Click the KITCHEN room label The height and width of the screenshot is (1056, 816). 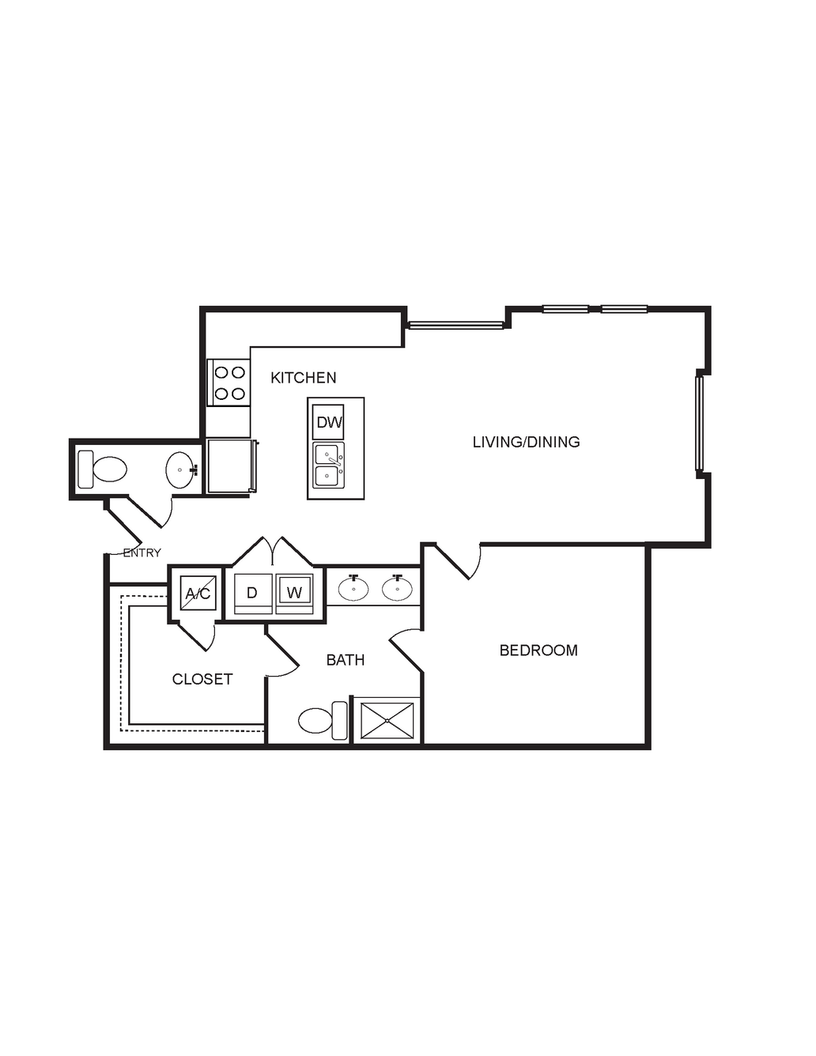point(304,378)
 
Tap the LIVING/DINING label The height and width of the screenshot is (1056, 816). point(527,442)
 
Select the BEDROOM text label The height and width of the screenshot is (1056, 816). point(538,651)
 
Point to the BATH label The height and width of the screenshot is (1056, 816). point(346,660)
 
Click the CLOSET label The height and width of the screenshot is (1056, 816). point(202,679)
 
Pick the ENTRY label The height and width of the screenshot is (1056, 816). point(142,553)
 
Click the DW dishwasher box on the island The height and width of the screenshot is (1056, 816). point(329,422)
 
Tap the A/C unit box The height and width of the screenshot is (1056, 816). point(198,593)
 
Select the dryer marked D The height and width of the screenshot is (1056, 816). point(253,594)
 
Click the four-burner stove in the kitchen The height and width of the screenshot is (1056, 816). point(229,383)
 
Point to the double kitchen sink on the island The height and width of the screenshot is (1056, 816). point(329,465)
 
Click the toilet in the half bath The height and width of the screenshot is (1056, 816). point(102,470)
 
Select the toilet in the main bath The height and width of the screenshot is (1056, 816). point(323,721)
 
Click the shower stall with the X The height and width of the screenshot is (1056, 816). point(387,721)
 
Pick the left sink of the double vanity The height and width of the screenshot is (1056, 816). point(353,589)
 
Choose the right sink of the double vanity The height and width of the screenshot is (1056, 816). point(397,589)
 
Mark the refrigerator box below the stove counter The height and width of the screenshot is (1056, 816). point(232,466)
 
